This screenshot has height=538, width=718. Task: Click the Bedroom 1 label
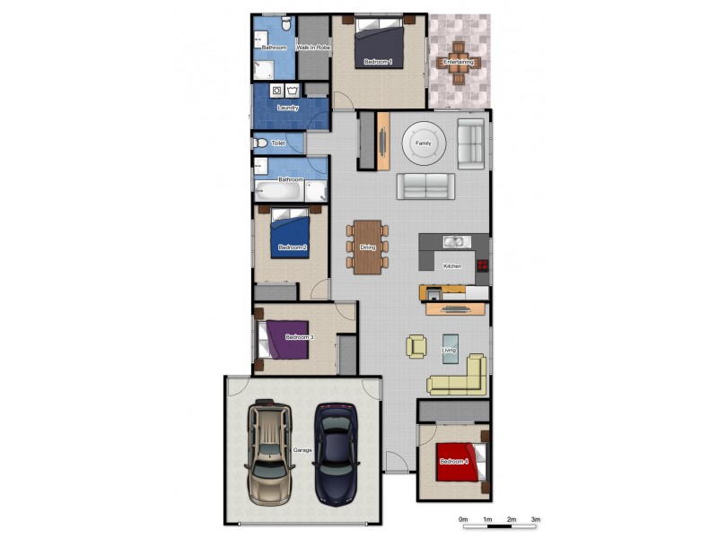coord(378,63)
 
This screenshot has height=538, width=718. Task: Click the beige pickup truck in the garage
coord(270,452)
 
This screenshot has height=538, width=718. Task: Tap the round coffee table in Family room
coord(423,143)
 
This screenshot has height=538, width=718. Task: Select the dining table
coord(367,247)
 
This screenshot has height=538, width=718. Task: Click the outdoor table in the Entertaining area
coord(460,62)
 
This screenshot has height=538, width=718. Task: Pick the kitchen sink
coord(454,240)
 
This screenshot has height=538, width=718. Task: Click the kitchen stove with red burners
coord(483,265)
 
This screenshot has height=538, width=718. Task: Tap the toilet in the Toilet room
coord(260,143)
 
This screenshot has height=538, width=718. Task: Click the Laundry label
coord(288,108)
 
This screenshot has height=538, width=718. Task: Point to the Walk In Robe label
coord(312,47)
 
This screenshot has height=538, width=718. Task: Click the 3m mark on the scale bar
coord(535,519)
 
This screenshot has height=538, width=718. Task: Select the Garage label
coord(302,450)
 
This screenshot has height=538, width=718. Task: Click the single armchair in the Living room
coord(416,345)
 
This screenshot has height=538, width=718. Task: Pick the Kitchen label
coord(452,266)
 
